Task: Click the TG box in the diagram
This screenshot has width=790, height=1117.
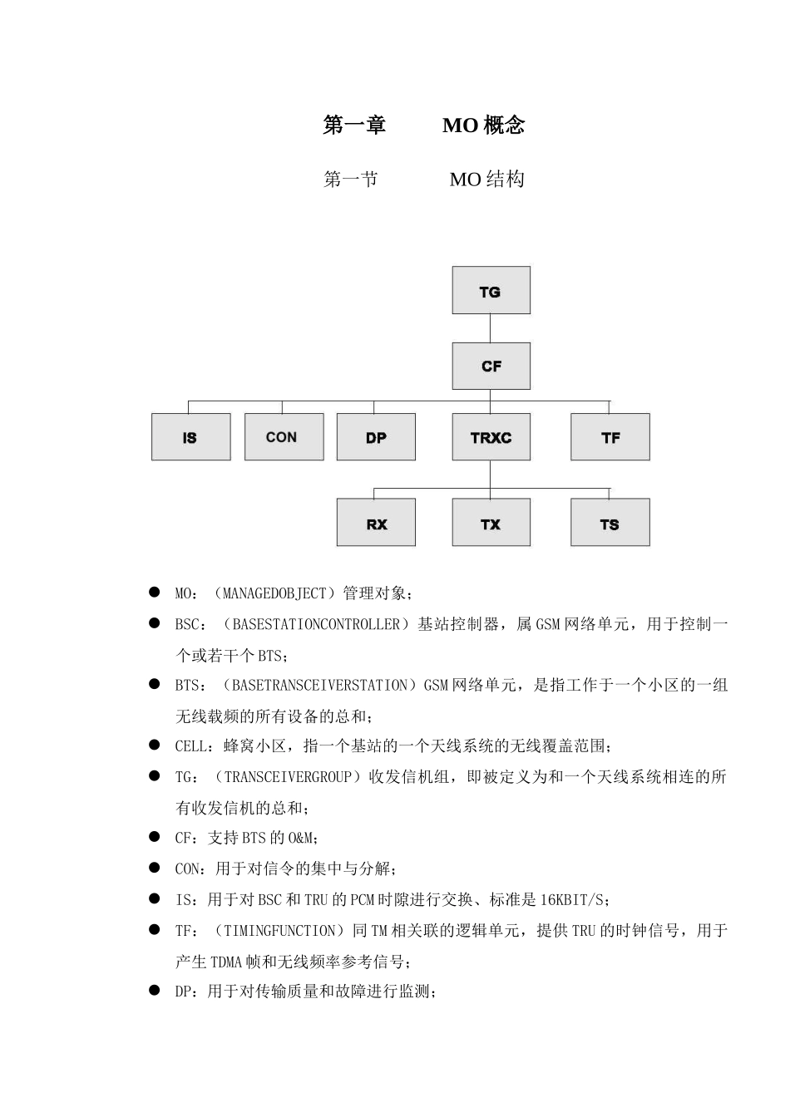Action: (x=491, y=291)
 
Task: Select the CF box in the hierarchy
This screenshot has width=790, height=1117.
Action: (x=491, y=366)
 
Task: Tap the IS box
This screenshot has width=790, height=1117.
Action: (x=190, y=437)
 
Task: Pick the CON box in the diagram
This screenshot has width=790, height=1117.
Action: (x=284, y=437)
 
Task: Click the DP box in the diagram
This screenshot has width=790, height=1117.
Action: (x=376, y=437)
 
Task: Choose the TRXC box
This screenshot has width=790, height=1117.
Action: (x=491, y=437)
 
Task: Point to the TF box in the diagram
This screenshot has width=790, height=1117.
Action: (x=610, y=437)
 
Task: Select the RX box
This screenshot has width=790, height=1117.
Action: (x=376, y=524)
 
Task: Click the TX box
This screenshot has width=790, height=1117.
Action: (x=491, y=524)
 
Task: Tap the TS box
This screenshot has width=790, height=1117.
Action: (x=610, y=524)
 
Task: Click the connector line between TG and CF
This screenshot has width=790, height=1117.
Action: (x=491, y=328)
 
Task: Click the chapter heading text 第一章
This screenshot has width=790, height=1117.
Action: (x=354, y=125)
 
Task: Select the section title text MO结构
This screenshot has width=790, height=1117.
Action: (x=486, y=180)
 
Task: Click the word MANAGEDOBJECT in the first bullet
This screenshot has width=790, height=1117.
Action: (x=275, y=593)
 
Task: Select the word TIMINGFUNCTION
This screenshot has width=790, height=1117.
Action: (x=284, y=931)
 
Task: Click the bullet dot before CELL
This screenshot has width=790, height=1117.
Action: (x=154, y=745)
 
